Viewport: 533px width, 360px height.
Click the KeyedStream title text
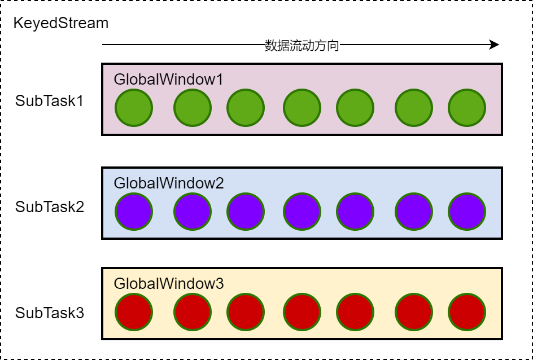[x=60, y=24]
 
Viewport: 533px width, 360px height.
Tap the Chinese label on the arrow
[x=302, y=46]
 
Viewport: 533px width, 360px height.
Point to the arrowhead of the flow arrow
[x=495, y=45]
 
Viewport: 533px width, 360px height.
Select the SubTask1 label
[x=50, y=101]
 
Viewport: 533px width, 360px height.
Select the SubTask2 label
[x=50, y=207]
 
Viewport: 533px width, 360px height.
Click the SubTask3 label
[x=50, y=313]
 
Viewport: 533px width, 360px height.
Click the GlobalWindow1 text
[x=168, y=79]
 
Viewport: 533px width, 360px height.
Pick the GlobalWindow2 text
[x=169, y=183]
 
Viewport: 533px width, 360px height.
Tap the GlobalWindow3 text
[x=169, y=283]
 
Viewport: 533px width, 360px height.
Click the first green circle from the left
[x=134, y=108]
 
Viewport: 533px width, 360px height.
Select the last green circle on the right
[x=467, y=108]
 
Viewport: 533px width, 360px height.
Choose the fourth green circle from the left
[x=302, y=108]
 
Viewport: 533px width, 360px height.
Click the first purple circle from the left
[x=134, y=212]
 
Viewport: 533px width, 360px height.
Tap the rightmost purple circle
[x=467, y=212]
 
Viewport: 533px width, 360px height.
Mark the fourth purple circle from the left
[x=302, y=212]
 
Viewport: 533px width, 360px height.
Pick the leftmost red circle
[x=134, y=312]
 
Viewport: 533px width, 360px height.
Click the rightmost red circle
[x=467, y=312]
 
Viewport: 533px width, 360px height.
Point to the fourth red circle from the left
[x=302, y=312]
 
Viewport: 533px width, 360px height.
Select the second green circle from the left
[x=193, y=108]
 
